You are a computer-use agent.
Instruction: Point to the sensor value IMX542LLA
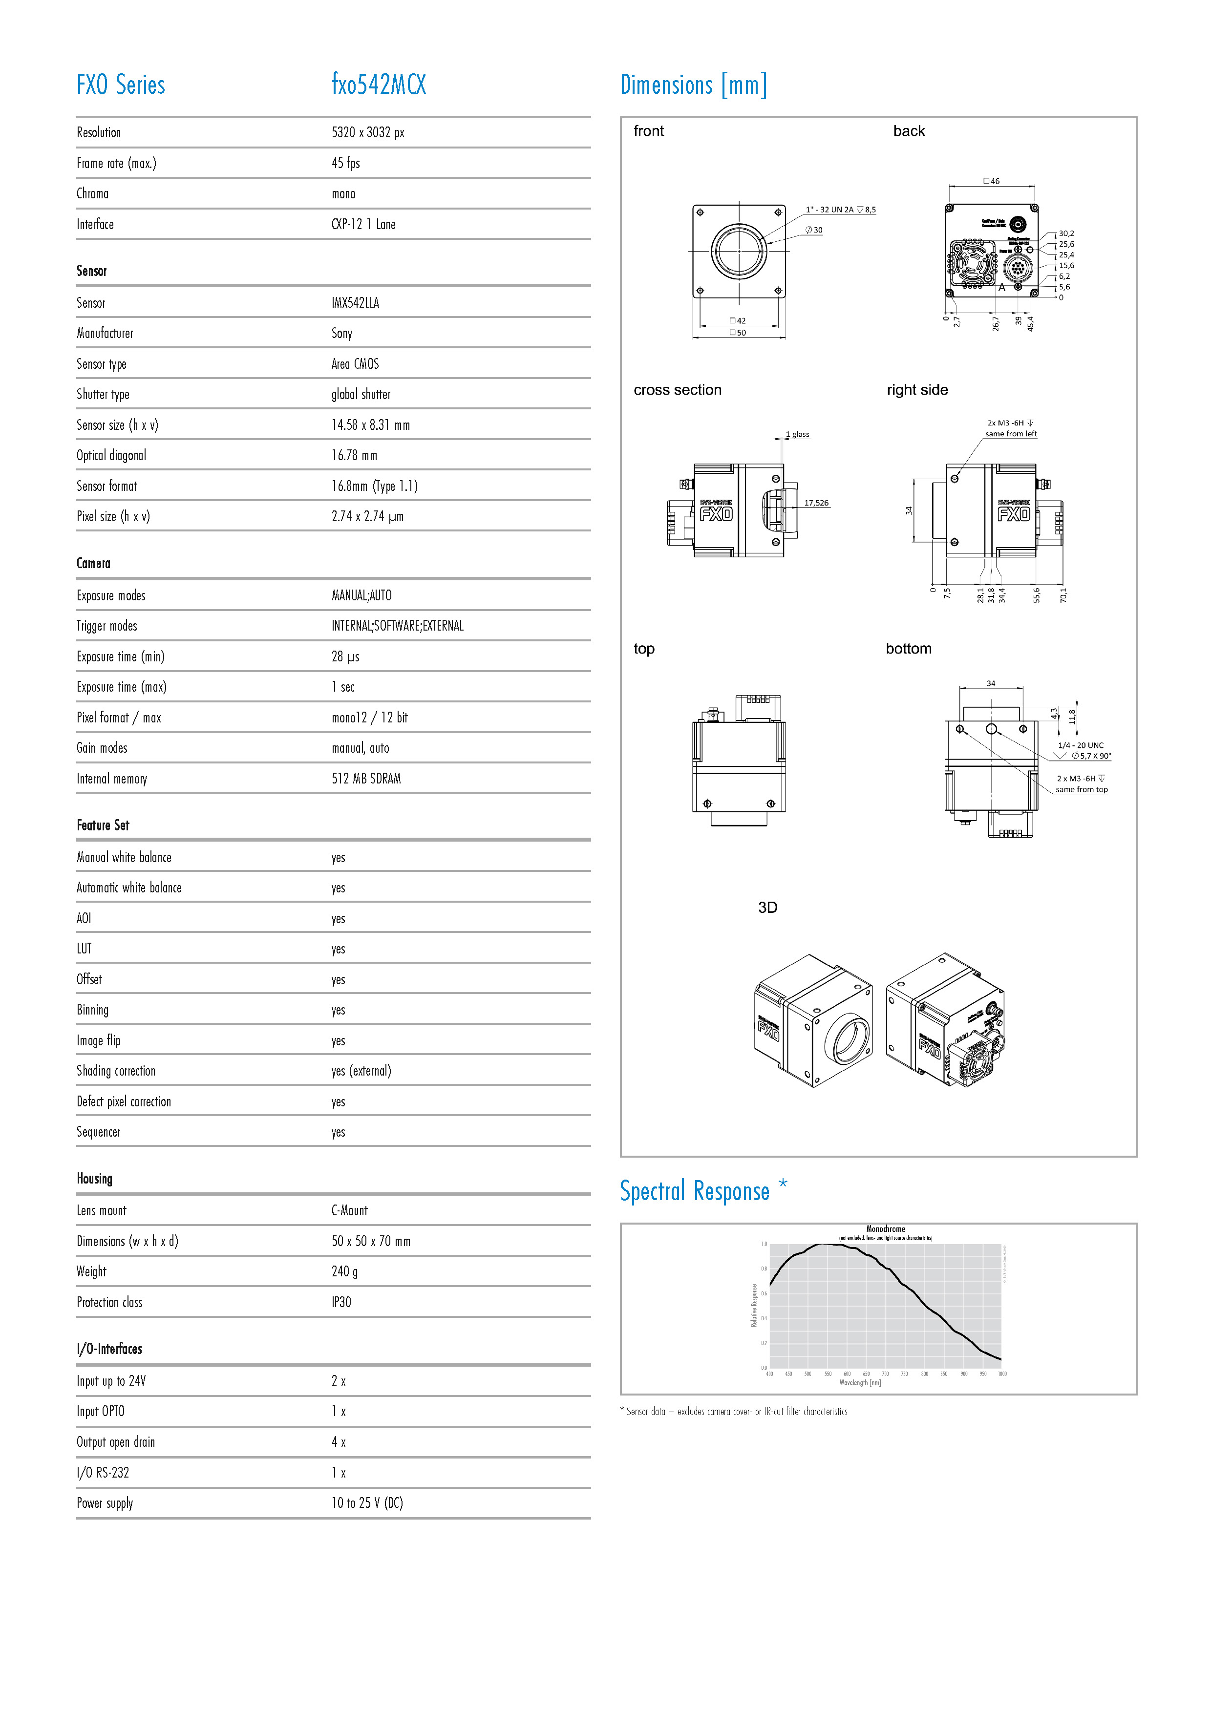point(355,303)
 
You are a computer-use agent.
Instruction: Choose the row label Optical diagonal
point(111,456)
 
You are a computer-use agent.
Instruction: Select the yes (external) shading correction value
point(361,1071)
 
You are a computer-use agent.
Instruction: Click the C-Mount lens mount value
point(349,1211)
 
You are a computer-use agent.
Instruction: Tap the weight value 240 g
point(344,1272)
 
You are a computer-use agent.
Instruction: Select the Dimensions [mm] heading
point(693,85)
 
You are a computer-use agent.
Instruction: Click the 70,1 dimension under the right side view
point(1063,594)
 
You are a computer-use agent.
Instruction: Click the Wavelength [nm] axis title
point(860,1382)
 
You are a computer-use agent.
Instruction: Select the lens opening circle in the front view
point(739,251)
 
